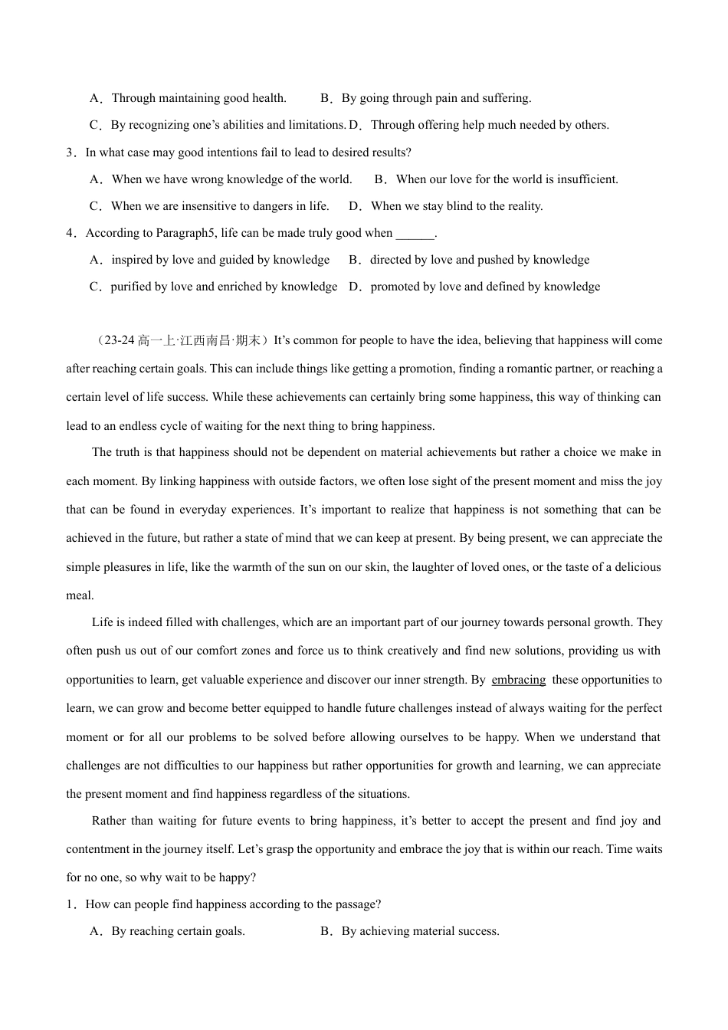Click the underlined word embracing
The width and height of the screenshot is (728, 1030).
(519, 680)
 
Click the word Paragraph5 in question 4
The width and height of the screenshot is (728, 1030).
(186, 233)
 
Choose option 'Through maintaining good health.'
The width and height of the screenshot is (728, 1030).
(198, 98)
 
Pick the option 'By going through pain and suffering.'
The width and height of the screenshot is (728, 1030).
(436, 98)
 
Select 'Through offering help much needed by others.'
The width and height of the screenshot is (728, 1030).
(490, 125)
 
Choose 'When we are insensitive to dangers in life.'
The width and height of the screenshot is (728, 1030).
(220, 206)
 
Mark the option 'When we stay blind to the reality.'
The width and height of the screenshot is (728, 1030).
(457, 206)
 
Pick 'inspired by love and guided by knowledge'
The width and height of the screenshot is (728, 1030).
(221, 260)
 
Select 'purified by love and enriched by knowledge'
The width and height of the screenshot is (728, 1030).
(224, 287)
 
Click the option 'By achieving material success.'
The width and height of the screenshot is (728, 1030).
(420, 931)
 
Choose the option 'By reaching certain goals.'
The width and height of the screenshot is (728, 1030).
(178, 931)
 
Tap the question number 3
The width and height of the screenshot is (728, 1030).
(70, 153)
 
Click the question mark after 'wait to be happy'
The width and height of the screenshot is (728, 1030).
(254, 877)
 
